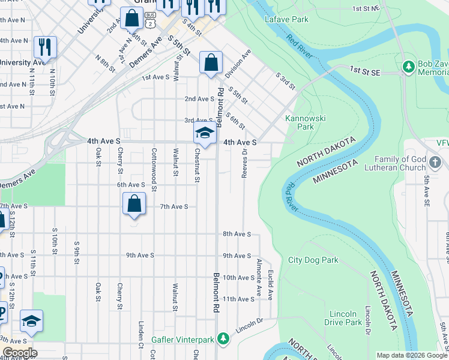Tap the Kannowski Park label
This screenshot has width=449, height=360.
coord(306,122)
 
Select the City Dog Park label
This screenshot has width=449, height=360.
coord(313,260)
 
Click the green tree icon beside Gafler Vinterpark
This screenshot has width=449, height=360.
coord(223,340)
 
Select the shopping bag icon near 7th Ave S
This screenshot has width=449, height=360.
coord(134,203)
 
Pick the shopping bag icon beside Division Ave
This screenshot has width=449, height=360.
coord(211,62)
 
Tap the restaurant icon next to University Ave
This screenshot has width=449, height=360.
coord(45,47)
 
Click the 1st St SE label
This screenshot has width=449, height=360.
coord(366,71)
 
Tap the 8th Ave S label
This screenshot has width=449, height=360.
coord(237,234)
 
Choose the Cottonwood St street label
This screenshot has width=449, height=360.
coord(154,170)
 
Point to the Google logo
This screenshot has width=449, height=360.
coord(20,353)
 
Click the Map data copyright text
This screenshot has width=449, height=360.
coord(412,355)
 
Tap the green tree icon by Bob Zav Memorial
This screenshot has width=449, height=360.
coord(409,65)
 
